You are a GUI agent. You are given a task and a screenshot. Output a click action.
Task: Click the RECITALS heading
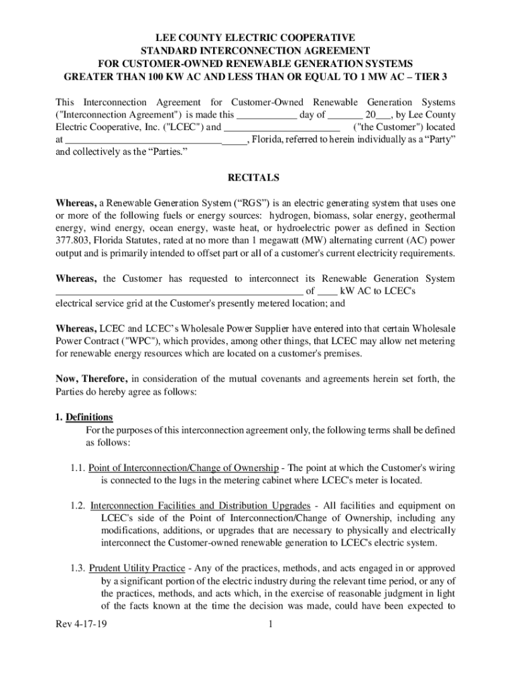pos(257,178)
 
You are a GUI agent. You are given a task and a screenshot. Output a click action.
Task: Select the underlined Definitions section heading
pos(84,417)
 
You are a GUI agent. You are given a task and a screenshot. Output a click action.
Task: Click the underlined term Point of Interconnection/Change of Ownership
pos(184,468)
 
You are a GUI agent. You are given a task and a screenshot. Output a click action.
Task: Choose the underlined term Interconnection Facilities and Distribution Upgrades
pos(200,505)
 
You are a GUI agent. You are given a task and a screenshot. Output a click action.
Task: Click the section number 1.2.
pos(78,505)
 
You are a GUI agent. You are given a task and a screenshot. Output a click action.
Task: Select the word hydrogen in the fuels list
pos(289,215)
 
